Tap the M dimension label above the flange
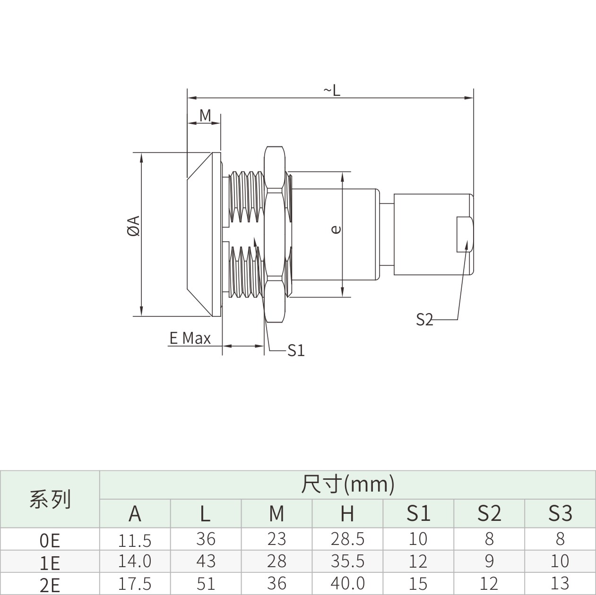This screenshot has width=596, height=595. click(205, 116)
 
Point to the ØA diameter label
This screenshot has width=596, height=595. click(134, 226)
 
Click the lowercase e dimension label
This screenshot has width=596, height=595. click(336, 229)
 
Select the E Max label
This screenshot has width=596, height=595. click(190, 338)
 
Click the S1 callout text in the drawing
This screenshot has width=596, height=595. click(296, 350)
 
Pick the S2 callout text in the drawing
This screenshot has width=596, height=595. click(424, 320)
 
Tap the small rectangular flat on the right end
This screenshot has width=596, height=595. click(465, 234)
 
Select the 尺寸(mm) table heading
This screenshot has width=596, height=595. click(348, 484)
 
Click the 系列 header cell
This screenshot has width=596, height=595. click(50, 500)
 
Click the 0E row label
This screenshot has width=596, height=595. click(50, 541)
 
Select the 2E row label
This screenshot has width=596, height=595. click(50, 585)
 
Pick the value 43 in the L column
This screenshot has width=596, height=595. click(206, 561)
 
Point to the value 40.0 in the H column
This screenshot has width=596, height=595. click(347, 583)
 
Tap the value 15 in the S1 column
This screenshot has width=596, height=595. click(418, 583)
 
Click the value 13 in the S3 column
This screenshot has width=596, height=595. click(560, 583)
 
